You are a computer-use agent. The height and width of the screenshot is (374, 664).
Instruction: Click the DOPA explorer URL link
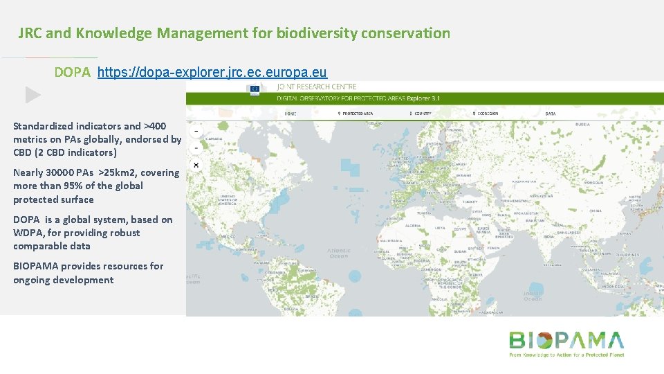[x=212, y=72]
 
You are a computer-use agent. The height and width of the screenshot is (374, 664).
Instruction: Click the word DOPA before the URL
[x=73, y=72]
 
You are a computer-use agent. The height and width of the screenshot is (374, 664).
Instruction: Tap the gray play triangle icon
[x=33, y=95]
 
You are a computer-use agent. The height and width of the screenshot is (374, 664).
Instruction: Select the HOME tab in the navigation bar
[x=290, y=114]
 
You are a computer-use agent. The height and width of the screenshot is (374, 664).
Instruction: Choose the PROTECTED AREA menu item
[x=356, y=114]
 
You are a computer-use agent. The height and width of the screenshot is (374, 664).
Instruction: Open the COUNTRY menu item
[x=421, y=114]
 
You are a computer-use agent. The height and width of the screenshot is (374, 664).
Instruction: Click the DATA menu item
[x=551, y=114]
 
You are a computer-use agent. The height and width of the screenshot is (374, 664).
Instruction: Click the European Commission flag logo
[x=255, y=89]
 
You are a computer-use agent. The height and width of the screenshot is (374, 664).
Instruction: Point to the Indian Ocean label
[x=532, y=295]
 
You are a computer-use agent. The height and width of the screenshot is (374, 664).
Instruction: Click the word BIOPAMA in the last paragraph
[x=35, y=266]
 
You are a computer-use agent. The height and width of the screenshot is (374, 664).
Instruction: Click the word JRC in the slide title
[x=30, y=33]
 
